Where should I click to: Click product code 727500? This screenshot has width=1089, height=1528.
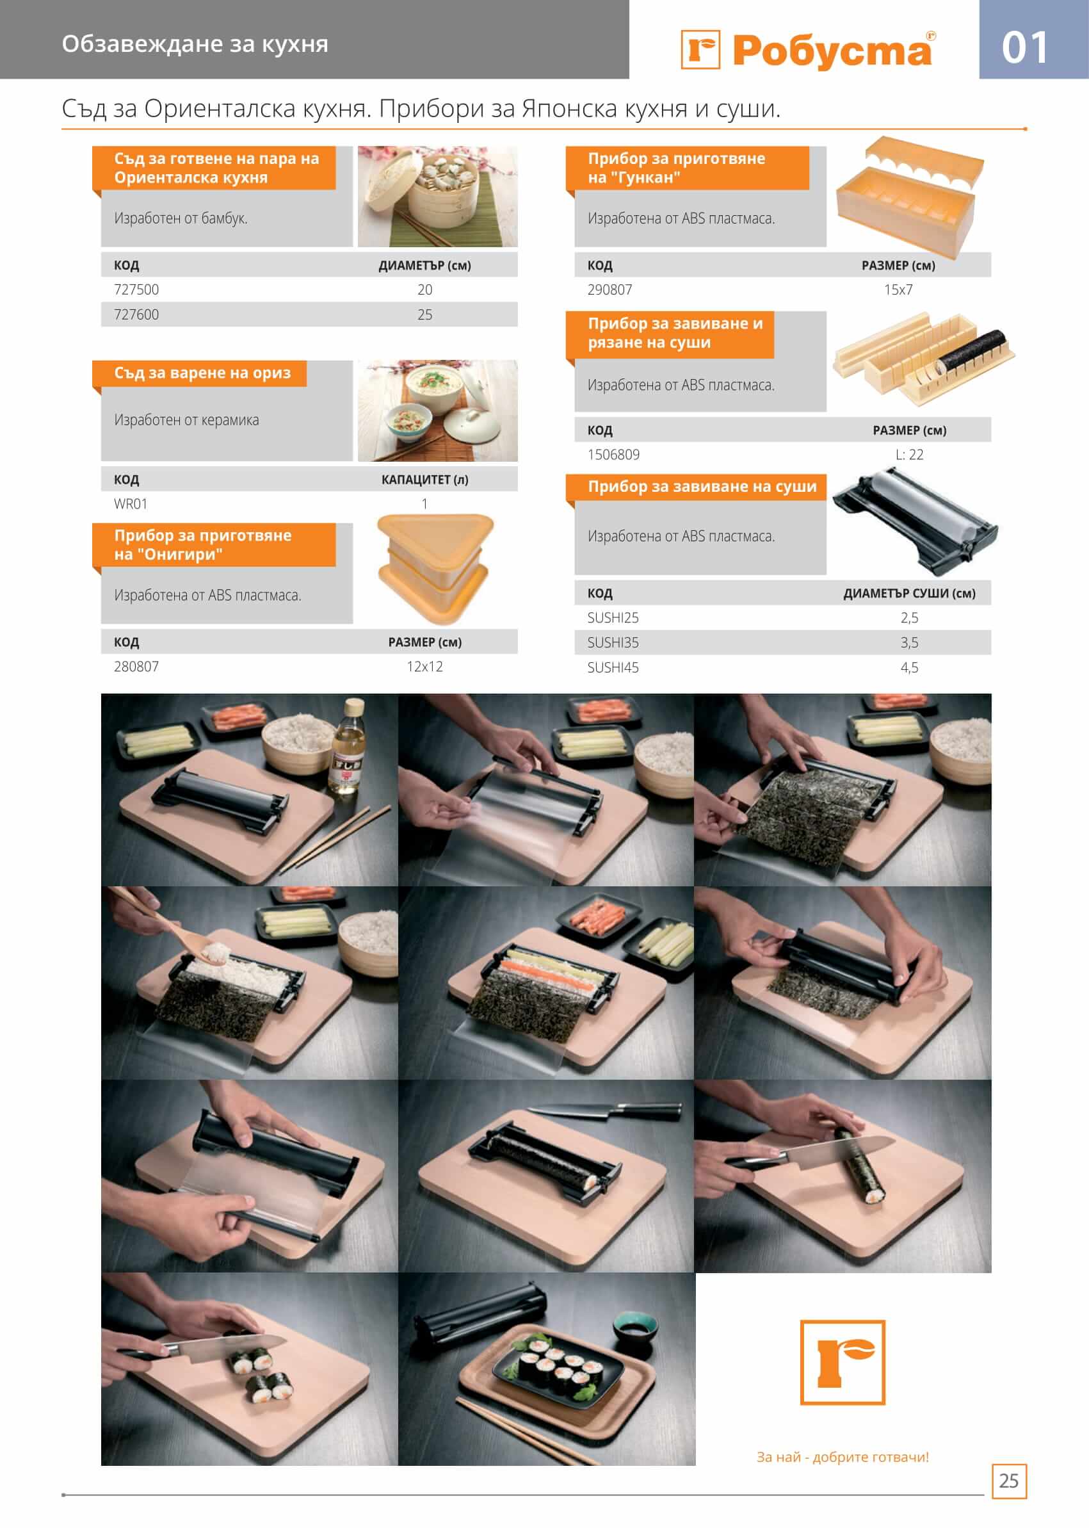point(136,289)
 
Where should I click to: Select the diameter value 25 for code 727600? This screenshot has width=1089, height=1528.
point(424,314)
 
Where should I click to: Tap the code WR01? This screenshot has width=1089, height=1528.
point(131,504)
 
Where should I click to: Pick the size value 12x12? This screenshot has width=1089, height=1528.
point(424,667)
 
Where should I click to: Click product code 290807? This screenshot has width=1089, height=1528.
point(609,289)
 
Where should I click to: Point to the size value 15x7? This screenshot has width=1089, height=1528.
point(898,289)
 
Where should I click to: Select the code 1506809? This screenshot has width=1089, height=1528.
point(613,455)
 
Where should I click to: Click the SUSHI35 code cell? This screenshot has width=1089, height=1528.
point(613,642)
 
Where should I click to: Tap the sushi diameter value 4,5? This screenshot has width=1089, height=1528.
point(909,667)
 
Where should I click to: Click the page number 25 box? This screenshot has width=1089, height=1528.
point(1008,1481)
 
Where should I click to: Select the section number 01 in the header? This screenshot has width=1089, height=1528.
point(1024,48)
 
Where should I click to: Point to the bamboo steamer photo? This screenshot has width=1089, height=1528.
point(437,197)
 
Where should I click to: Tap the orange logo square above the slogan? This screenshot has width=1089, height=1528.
point(843,1362)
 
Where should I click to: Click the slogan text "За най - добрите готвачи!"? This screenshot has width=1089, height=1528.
point(843,1457)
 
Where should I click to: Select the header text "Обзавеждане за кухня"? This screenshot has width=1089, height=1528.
point(195,44)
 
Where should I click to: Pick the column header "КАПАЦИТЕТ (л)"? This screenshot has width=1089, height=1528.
point(424,480)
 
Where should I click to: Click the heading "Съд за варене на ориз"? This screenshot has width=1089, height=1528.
point(202,373)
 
